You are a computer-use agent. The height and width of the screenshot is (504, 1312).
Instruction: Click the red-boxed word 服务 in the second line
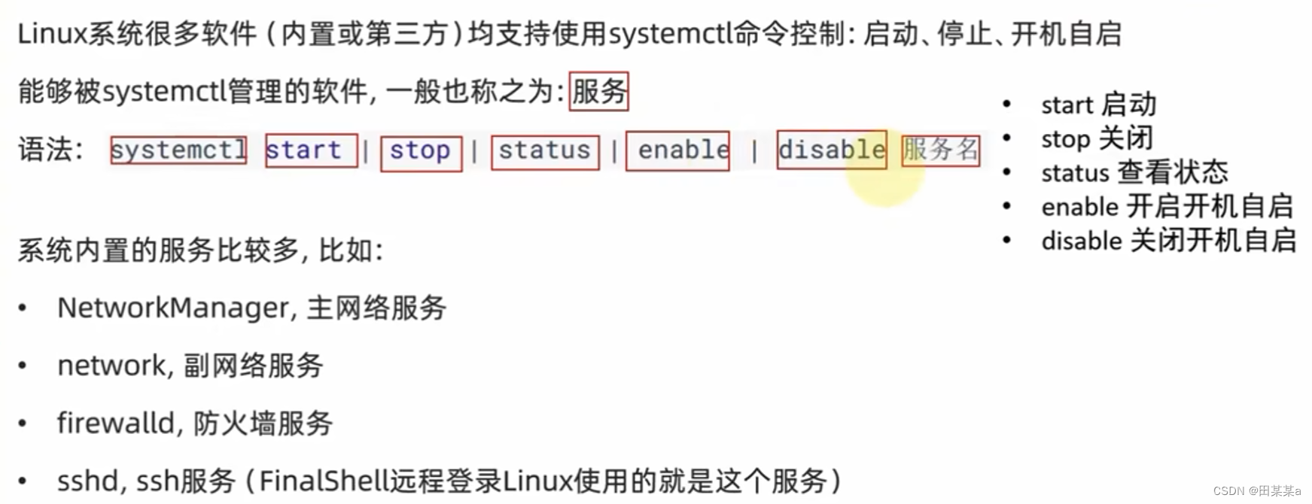point(598,92)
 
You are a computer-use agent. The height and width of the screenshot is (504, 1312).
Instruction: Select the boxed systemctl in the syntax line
point(178,150)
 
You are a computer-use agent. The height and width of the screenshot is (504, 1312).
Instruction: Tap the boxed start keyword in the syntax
point(311,150)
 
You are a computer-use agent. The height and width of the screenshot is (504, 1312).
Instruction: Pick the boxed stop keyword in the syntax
point(421,151)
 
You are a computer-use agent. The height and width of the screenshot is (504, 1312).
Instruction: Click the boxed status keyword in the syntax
point(545,151)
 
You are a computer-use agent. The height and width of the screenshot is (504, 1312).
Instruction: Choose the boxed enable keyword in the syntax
point(677,150)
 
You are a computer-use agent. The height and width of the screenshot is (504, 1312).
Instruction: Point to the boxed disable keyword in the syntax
point(831,150)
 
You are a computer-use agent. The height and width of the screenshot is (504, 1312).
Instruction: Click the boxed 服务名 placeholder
point(940,150)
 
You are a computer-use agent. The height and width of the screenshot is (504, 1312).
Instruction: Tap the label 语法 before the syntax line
point(46,150)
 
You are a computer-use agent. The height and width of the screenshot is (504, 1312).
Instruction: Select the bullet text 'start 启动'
point(1098,105)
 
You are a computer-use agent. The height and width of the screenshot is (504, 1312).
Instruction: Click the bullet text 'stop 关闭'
point(1097,138)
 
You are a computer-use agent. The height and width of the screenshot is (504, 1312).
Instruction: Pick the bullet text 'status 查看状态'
point(1134,172)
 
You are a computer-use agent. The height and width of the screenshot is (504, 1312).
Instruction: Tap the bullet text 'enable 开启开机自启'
point(1167,206)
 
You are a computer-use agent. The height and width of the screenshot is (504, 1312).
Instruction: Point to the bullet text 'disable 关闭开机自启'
point(1168,241)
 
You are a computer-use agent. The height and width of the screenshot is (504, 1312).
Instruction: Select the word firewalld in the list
point(116,424)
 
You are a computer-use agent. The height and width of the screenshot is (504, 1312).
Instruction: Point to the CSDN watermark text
point(1256,490)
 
